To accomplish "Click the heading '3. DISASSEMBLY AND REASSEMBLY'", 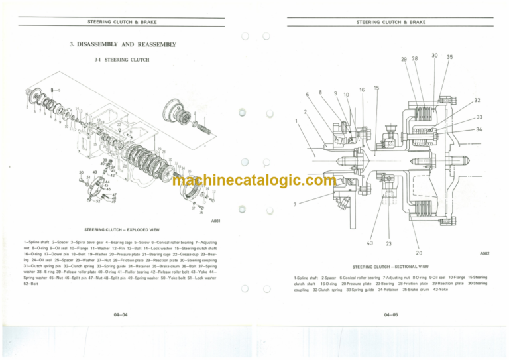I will pyautogui.click(x=123, y=45).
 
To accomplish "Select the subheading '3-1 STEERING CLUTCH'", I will pyautogui.click(x=122, y=60).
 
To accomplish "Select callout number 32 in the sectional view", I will pyautogui.click(x=477, y=101).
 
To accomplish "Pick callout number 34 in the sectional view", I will pyautogui.click(x=477, y=129).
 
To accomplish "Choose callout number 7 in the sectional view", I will pyautogui.click(x=293, y=204).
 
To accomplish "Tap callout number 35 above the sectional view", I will pyautogui.click(x=449, y=58).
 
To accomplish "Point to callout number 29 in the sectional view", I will pyautogui.click(x=404, y=59).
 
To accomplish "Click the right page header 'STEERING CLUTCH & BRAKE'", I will pyautogui.click(x=390, y=22).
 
